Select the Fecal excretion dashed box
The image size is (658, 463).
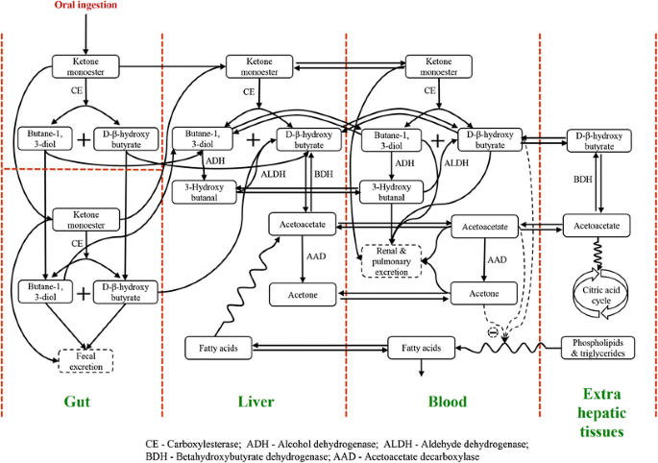(86, 359)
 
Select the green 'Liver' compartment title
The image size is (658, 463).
(255, 401)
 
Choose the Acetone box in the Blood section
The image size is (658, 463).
(483, 292)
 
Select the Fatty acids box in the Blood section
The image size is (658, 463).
(420, 346)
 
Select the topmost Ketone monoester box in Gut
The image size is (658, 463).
(86, 66)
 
